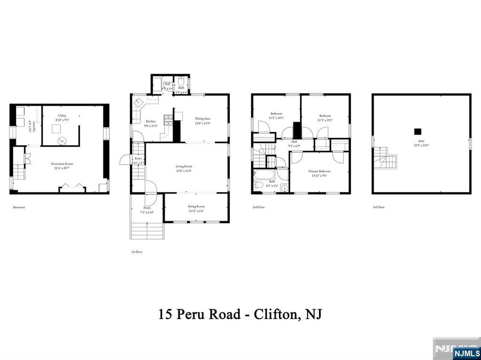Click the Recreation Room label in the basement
point(62,164)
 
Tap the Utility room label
point(62,115)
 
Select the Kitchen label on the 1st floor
point(150,121)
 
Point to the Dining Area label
point(202,119)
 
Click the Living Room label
point(184,166)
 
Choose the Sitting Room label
point(196,206)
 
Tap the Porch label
point(147,207)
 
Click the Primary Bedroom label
point(319,171)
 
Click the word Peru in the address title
point(190,314)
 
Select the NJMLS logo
point(466,353)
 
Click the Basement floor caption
point(19,207)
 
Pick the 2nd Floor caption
point(258,207)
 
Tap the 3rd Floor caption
point(379,207)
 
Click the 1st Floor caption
point(137,252)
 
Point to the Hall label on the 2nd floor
point(294,141)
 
